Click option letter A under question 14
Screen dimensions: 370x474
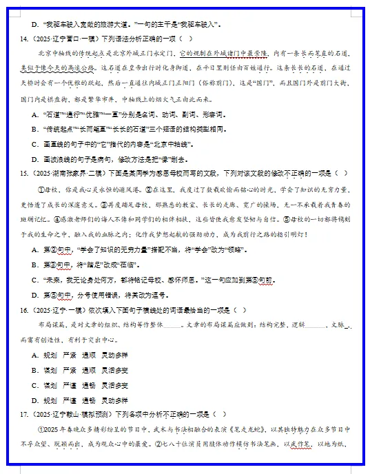pos(35,114)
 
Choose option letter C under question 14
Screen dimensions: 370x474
pos(35,144)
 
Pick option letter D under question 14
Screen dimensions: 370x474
pos(35,158)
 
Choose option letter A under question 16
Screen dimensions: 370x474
pos(35,355)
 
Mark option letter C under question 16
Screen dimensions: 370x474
pos(35,385)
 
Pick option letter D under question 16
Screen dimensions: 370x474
pos(35,400)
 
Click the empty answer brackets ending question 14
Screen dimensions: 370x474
pos(185,39)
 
